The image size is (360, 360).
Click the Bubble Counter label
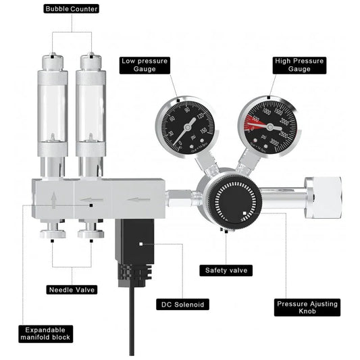tap(71, 9)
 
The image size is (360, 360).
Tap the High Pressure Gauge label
tap(299, 65)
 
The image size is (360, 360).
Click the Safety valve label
tap(226, 270)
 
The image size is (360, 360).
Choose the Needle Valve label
tap(71, 289)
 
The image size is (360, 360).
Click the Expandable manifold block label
tap(45, 333)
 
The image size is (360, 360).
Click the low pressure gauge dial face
tap(186, 126)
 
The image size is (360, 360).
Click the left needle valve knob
tap(53, 234)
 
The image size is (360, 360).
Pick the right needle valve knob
tap(90, 234)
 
